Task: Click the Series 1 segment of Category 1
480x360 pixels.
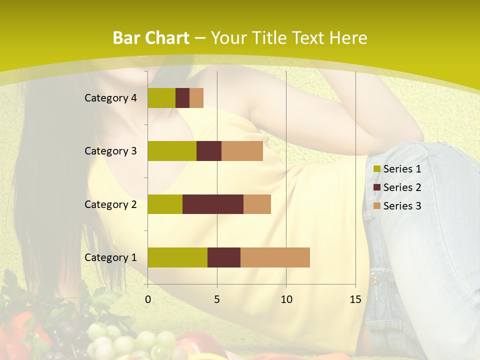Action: (177, 257)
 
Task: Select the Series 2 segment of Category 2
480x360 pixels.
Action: (213, 204)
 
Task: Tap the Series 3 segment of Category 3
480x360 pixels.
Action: (242, 151)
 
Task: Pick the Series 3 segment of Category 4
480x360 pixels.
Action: (196, 98)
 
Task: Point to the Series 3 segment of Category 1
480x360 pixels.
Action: (275, 257)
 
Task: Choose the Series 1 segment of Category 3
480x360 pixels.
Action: (172, 151)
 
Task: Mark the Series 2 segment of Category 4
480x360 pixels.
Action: (182, 98)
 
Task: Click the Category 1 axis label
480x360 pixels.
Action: (110, 257)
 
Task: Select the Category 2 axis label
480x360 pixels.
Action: (110, 204)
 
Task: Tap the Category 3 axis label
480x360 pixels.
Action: (110, 151)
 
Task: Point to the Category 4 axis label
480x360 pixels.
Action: (110, 98)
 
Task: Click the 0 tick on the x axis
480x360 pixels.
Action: (148, 299)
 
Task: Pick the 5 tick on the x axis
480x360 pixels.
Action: (217, 299)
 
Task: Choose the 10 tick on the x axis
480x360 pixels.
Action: (286, 299)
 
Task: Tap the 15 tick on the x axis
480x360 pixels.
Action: (355, 299)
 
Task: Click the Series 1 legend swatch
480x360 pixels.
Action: (377, 169)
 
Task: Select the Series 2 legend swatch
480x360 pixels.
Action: (377, 187)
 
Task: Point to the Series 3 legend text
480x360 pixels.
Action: (402, 206)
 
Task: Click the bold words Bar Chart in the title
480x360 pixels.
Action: (151, 38)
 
